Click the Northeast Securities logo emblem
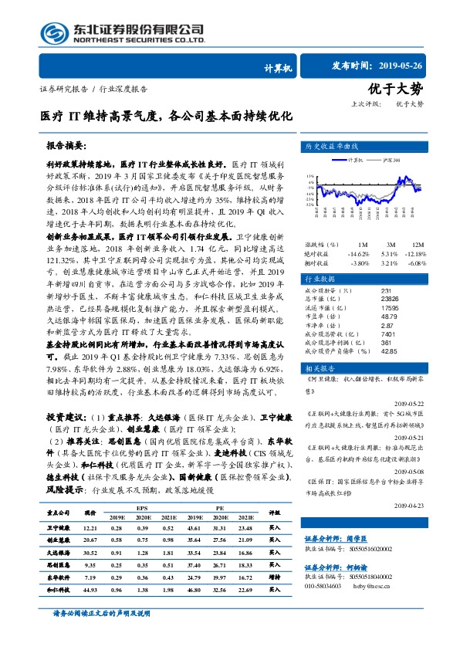coord(54,32)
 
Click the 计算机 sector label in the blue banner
coord(277,69)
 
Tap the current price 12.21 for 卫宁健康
coord(90,526)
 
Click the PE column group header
coord(221,507)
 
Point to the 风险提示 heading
coord(61,467)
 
